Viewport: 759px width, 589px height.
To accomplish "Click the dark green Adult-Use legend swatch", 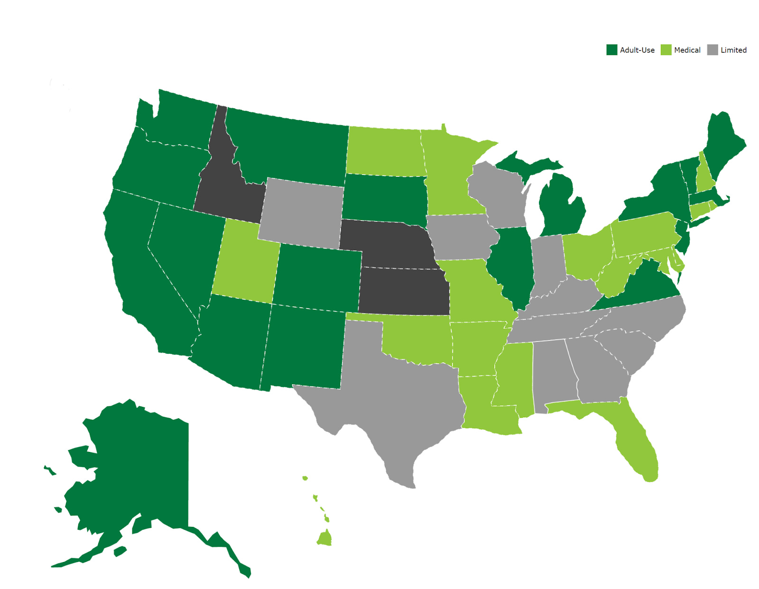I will coord(611,50).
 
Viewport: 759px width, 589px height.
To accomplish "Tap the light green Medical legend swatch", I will coord(666,50).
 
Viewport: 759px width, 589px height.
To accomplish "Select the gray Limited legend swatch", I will coord(713,50).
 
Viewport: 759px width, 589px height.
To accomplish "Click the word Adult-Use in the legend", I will coord(637,50).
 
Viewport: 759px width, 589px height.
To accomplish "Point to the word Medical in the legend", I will coord(687,50).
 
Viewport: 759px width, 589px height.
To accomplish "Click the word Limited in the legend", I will coord(733,50).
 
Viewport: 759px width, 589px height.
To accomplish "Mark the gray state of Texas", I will coord(398,403).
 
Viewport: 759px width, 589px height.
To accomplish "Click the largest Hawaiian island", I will coord(325,539).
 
